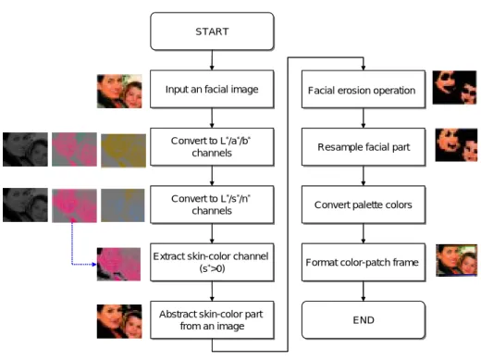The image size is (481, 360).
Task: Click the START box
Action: (x=212, y=31)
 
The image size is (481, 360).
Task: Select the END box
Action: (x=364, y=320)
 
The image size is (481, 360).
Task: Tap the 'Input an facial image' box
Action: (x=212, y=89)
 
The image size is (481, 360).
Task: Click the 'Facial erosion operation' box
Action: (x=364, y=89)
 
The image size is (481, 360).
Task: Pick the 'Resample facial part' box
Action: (x=364, y=147)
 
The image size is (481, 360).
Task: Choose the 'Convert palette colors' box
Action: (x=364, y=205)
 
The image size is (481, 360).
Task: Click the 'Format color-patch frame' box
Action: (x=364, y=262)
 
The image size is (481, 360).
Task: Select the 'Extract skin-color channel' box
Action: (x=212, y=262)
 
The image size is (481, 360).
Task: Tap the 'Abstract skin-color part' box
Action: (x=212, y=320)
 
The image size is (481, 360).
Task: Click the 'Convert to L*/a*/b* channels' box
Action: (x=212, y=147)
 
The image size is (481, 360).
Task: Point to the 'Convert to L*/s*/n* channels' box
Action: (x=212, y=205)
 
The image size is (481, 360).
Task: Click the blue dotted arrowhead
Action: (x=94, y=265)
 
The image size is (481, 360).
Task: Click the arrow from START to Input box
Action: (x=212, y=60)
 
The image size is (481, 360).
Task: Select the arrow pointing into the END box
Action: (x=364, y=291)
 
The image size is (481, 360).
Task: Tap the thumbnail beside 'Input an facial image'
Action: (x=119, y=92)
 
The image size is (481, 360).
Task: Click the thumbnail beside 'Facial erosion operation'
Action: (x=454, y=88)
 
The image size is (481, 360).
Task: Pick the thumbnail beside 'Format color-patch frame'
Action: (x=456, y=260)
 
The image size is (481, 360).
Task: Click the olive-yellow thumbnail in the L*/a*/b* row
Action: (x=123, y=151)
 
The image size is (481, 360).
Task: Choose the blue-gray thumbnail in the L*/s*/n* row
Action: (x=123, y=205)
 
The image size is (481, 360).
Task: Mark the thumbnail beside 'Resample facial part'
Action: (x=456, y=145)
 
